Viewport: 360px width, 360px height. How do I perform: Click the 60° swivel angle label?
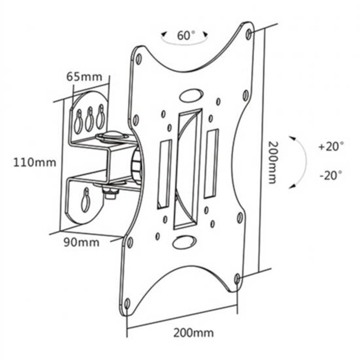tap(186, 36)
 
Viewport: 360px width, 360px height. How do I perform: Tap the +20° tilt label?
tap(331, 146)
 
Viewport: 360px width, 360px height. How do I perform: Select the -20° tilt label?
tap(331, 175)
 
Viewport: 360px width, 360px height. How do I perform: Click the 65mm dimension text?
tap(84, 76)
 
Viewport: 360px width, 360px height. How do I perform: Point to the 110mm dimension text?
tap(35, 162)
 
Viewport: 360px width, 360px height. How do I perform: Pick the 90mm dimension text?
tap(81, 243)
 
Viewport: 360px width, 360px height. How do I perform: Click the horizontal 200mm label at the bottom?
tap(193, 333)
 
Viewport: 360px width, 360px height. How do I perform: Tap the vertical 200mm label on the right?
tap(273, 162)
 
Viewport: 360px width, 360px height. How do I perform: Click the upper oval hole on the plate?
tap(191, 95)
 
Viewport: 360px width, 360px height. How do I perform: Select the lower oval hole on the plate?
tap(184, 242)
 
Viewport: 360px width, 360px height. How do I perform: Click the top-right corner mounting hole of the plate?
tap(248, 34)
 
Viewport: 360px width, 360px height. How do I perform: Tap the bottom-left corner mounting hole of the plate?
tap(127, 304)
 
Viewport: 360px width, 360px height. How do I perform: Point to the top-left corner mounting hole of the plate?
tap(139, 59)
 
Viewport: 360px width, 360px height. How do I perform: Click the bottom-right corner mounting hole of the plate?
tap(237, 279)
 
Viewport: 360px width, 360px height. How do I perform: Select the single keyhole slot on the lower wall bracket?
tap(85, 200)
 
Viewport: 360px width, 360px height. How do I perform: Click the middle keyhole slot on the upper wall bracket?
tap(90, 119)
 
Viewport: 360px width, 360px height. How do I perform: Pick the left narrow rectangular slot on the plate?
tap(164, 174)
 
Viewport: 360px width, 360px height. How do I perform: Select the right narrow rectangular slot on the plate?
tap(211, 163)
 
